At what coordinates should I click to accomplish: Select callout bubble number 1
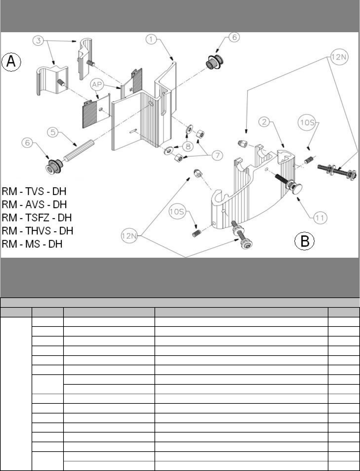(152, 40)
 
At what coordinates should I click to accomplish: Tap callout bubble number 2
(265, 122)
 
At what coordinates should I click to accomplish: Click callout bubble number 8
(188, 146)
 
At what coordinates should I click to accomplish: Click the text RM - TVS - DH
(34, 191)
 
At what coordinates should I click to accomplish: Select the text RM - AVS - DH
(34, 205)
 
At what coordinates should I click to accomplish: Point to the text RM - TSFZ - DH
(37, 217)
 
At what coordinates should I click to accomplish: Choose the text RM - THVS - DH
(38, 230)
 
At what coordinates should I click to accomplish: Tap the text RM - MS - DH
(32, 244)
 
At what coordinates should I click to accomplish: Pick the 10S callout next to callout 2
(307, 122)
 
